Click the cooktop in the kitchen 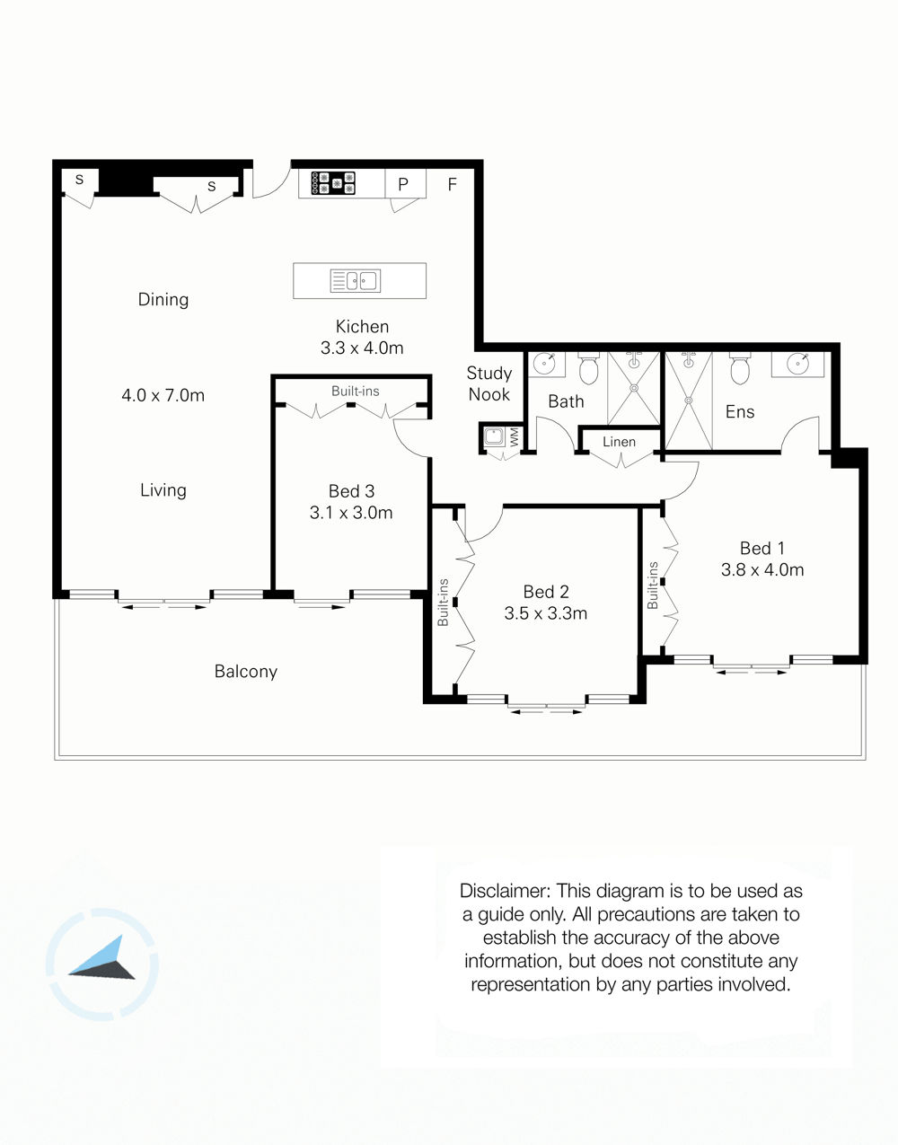pyautogui.click(x=333, y=183)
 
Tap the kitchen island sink pyautogui.click(x=355, y=281)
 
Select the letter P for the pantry pyautogui.click(x=403, y=184)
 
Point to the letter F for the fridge pyautogui.click(x=452, y=184)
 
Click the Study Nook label pyautogui.click(x=489, y=383)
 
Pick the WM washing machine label pyautogui.click(x=515, y=436)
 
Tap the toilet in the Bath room pyautogui.click(x=588, y=368)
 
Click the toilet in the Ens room pyautogui.click(x=740, y=368)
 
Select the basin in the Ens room pyautogui.click(x=798, y=364)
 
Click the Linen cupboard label pyautogui.click(x=619, y=442)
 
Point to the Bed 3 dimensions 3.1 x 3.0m pyautogui.click(x=351, y=513)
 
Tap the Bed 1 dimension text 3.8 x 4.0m pyautogui.click(x=762, y=569)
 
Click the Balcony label pyautogui.click(x=246, y=672)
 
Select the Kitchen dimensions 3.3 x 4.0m pyautogui.click(x=362, y=348)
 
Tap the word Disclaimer pyautogui.click(x=505, y=891)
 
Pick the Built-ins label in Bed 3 pyautogui.click(x=355, y=391)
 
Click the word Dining pyautogui.click(x=163, y=299)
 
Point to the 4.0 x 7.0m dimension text pyautogui.click(x=163, y=395)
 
